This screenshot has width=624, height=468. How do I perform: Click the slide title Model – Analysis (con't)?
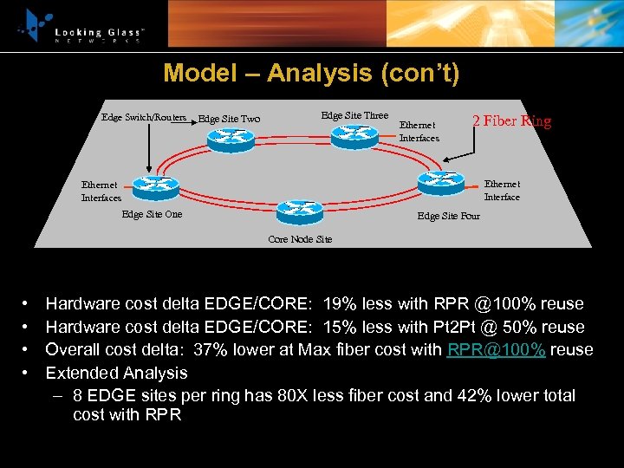311,73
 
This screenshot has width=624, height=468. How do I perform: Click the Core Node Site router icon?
299,211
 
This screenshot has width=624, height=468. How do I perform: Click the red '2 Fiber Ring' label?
511,121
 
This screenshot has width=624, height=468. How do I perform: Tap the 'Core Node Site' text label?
300,238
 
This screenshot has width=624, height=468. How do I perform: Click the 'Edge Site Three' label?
354,115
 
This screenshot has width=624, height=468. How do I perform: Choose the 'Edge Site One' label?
153,214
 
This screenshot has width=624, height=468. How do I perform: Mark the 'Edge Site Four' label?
448,216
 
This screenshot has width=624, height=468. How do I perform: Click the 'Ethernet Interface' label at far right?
502,190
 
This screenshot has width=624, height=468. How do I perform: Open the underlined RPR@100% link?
496,350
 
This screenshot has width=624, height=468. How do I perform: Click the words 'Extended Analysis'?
116,373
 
